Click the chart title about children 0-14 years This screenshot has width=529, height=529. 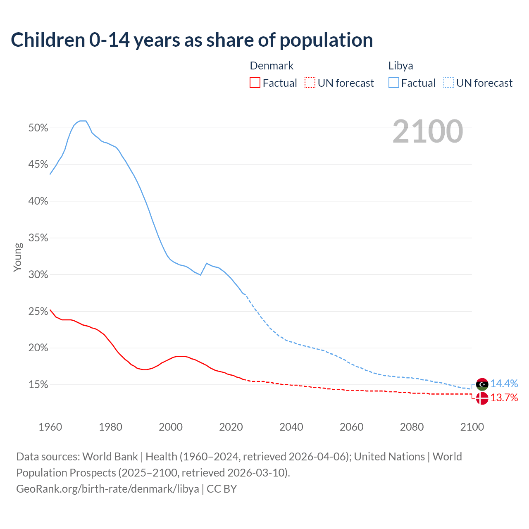tap(192, 40)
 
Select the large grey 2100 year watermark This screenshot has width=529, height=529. tap(428, 131)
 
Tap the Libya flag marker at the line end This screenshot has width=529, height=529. tap(482, 384)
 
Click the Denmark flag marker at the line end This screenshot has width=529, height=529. tap(482, 398)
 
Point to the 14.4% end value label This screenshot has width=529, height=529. tap(504, 384)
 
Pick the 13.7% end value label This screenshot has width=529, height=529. tap(504, 398)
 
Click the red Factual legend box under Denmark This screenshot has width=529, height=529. tap(255, 83)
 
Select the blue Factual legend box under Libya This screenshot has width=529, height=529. tap(393, 83)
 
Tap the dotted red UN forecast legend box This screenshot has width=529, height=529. tap(310, 83)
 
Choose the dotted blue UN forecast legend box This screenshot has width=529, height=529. tap(448, 83)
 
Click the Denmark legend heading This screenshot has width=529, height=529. tap(272, 66)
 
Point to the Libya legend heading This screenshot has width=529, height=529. tap(400, 66)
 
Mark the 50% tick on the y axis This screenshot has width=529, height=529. tap(38, 128)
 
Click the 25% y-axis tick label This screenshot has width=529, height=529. tap(38, 312)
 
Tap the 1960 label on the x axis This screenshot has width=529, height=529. tap(50, 427)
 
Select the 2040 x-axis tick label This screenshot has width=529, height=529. tap(291, 427)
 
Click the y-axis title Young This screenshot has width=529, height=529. tap(18, 257)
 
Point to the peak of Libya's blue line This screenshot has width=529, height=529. tap(83, 121)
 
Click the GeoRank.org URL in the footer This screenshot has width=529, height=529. tap(107, 489)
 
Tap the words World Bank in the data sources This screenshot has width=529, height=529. tap(110, 457)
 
